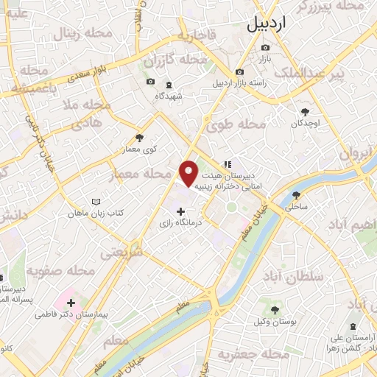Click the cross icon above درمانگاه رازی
point(181,211)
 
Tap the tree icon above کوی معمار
point(139,138)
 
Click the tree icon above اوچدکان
point(306,112)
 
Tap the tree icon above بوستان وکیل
point(276,311)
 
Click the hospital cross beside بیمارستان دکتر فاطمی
point(71,303)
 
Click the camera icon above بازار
point(265,47)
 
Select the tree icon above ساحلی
point(297,196)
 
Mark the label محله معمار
point(147,175)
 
